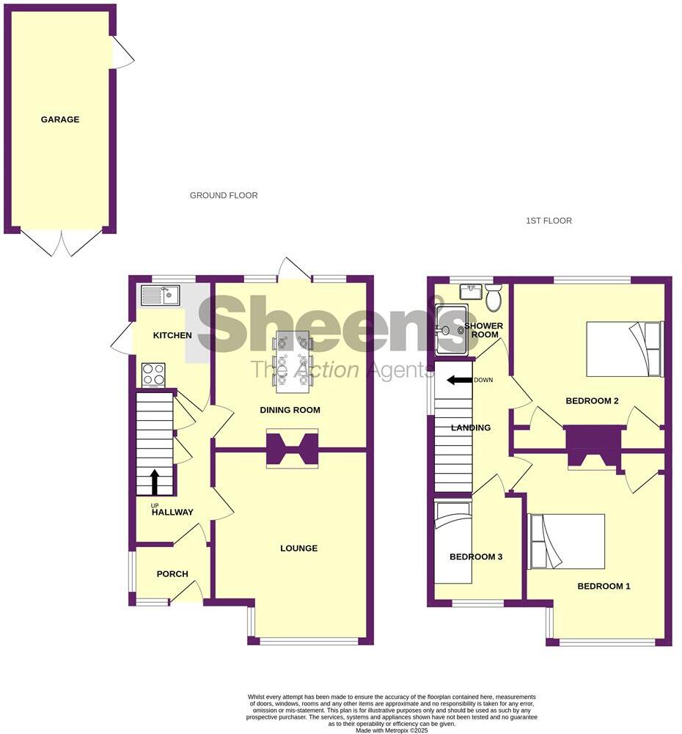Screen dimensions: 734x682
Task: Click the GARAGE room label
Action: (60, 120)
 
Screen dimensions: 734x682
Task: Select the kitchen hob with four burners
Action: (153, 375)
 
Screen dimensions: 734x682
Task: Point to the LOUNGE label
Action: (298, 548)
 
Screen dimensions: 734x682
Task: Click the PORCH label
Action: (172, 574)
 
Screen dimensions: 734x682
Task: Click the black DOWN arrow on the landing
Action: (460, 381)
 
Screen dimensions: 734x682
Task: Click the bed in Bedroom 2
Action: (625, 349)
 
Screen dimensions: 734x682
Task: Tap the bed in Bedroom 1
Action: (566, 541)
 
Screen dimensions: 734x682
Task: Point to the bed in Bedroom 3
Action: (453, 541)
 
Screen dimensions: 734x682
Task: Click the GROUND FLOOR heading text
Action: (224, 196)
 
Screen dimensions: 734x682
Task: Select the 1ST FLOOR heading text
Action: (549, 221)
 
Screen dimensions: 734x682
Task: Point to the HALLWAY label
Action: (173, 512)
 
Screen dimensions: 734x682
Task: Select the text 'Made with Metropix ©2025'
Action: (392, 730)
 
